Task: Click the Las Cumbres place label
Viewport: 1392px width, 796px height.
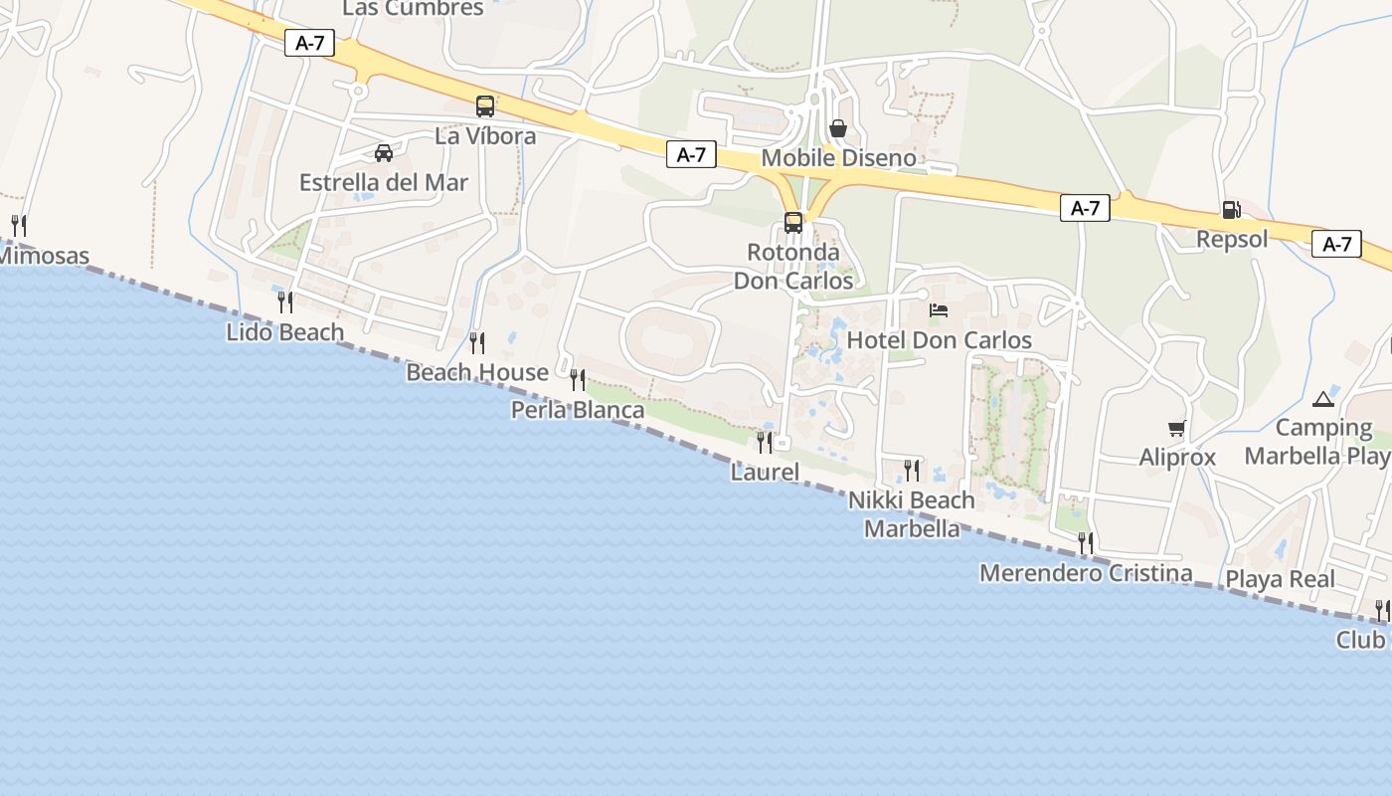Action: point(413,9)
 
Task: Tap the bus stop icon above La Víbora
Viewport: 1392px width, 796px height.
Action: point(485,105)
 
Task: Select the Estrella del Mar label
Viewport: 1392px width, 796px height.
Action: point(384,183)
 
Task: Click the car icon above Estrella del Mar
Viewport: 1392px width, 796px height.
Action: point(384,153)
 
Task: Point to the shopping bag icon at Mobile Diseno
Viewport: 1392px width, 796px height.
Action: point(838,128)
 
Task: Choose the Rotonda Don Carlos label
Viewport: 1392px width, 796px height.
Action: point(793,267)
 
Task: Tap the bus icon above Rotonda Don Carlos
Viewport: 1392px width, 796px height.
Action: point(793,222)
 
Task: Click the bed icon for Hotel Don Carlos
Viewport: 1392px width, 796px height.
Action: point(939,310)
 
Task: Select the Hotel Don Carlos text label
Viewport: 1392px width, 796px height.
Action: point(939,340)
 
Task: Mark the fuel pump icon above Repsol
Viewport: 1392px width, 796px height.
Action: point(1231,210)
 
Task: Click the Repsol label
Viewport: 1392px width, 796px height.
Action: point(1232,240)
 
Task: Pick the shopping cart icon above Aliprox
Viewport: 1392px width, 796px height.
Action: point(1177,428)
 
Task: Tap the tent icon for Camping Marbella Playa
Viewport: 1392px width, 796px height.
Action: point(1322,399)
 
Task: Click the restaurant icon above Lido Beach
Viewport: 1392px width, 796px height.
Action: point(285,301)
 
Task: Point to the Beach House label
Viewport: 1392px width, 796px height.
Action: point(477,373)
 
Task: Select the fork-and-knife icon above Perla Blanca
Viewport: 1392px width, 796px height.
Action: point(578,379)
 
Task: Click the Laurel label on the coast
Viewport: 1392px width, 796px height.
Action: point(765,472)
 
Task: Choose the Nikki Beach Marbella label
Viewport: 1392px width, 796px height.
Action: point(912,513)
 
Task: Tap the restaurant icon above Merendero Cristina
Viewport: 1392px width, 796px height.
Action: point(1086,542)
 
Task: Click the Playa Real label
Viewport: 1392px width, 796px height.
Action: point(1280,579)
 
